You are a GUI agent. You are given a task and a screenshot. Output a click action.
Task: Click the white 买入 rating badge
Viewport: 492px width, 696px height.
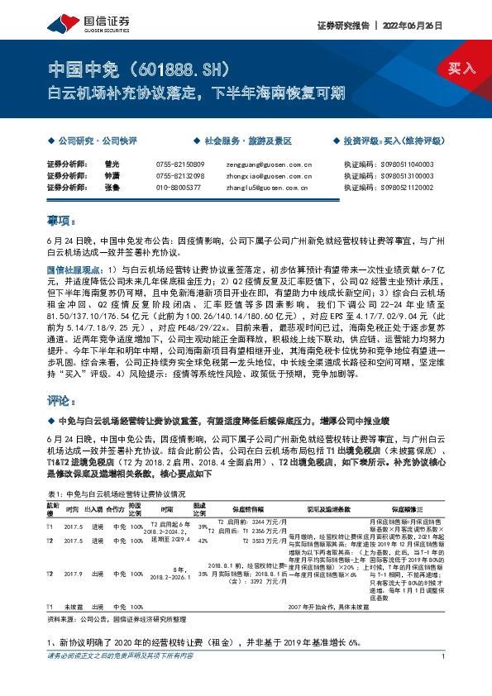click(x=462, y=69)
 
